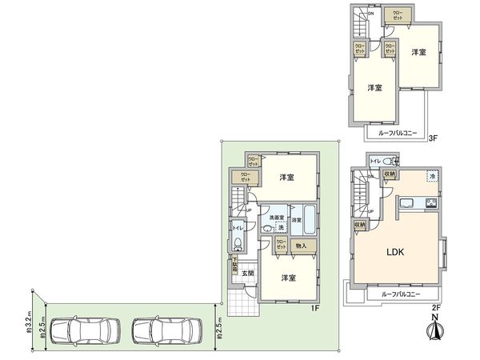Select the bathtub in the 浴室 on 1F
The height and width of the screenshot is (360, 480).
point(309,220)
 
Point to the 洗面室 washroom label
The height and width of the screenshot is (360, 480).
point(276,218)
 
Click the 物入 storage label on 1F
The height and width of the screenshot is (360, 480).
point(302,246)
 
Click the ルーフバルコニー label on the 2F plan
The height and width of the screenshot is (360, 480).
point(395,294)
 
